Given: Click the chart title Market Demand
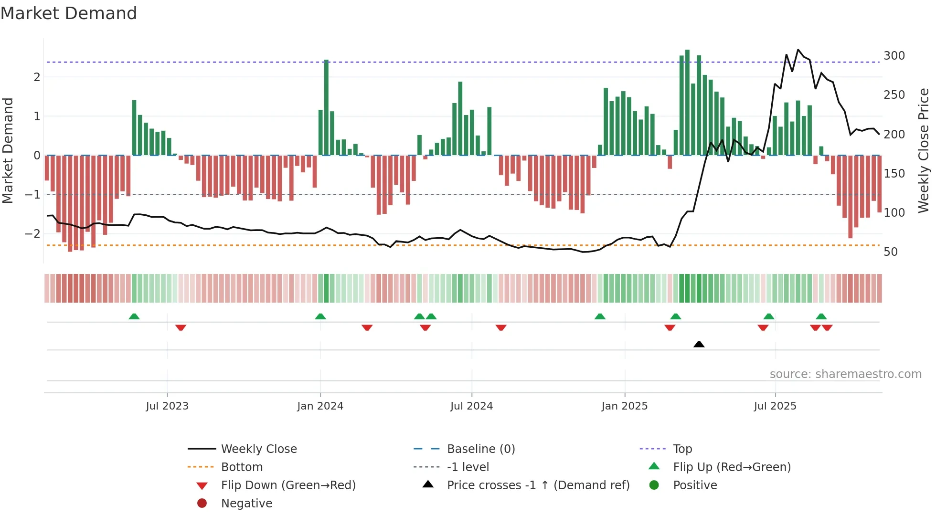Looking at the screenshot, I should click(x=69, y=13).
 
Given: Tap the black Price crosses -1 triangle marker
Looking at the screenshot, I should click(x=699, y=344).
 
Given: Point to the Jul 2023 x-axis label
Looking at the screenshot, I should click(x=167, y=406).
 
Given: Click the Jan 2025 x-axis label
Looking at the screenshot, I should click(x=624, y=406).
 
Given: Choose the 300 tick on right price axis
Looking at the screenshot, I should click(x=894, y=56).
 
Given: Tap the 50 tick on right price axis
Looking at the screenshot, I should click(x=891, y=252).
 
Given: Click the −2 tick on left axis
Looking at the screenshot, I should click(x=32, y=234).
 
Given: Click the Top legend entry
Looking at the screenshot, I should click(x=682, y=449).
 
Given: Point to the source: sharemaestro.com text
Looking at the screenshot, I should click(x=845, y=374).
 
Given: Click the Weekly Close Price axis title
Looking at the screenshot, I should click(x=924, y=150).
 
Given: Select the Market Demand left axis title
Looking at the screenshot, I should click(x=8, y=150).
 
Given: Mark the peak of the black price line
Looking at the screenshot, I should click(x=798, y=50).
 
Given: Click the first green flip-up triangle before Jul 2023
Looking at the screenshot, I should click(x=134, y=316).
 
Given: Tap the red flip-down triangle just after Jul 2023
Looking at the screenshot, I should click(x=181, y=327).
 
